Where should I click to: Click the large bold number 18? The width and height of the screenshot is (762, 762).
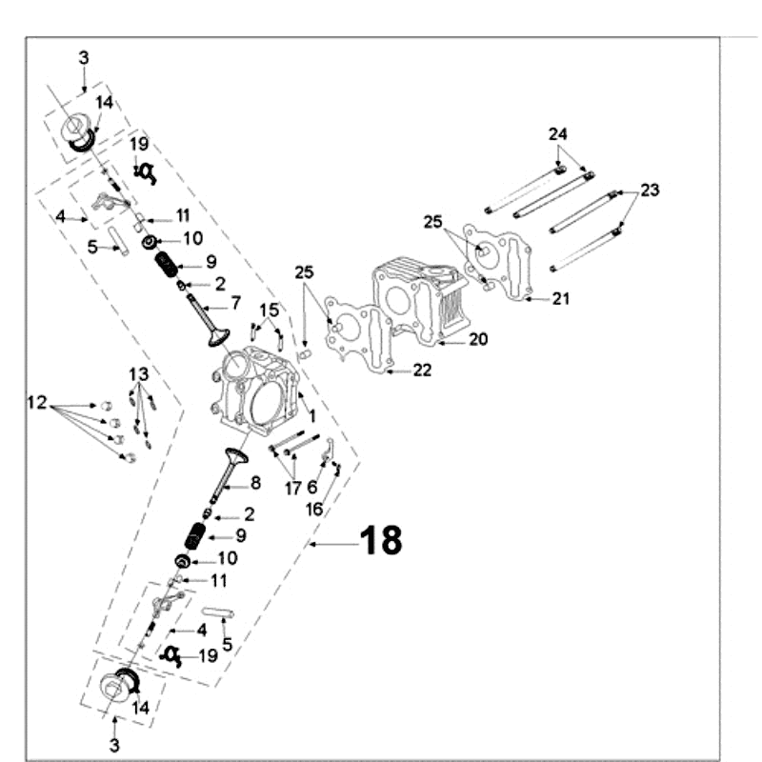(381, 541)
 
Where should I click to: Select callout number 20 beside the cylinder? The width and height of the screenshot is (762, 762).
(477, 339)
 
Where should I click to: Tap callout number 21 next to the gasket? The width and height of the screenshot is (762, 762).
(561, 299)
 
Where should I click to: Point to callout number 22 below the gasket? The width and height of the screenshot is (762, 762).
(422, 371)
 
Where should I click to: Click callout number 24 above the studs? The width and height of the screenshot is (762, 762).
(557, 134)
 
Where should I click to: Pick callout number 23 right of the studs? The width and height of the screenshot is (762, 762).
(650, 190)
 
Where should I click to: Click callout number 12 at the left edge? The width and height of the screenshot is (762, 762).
(36, 404)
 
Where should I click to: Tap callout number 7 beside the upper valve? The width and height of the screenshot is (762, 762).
(235, 306)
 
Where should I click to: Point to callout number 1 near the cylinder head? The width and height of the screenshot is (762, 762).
(311, 417)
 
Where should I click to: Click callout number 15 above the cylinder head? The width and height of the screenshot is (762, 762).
(270, 310)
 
